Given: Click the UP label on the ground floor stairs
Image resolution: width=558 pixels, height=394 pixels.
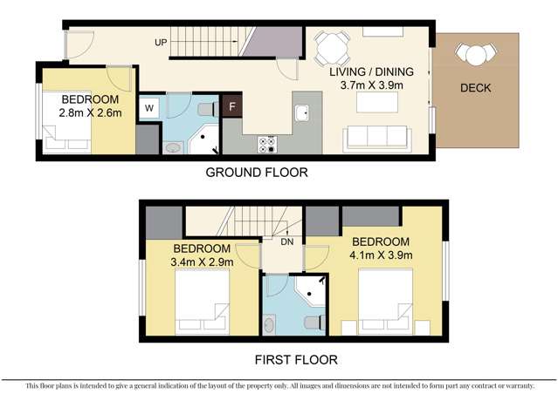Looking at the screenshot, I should click(161, 43).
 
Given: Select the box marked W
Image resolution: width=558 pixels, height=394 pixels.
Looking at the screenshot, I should click(148, 109).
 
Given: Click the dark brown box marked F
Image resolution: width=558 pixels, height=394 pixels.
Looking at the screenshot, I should click(231, 107).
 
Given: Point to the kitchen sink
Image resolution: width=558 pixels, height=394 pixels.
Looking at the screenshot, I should click(302, 112).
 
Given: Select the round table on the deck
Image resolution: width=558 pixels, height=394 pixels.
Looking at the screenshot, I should click(474, 55).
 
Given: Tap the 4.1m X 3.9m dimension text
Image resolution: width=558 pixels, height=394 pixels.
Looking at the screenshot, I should click(380, 255).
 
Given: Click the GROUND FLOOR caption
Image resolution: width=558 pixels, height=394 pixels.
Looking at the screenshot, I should click(256, 173).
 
